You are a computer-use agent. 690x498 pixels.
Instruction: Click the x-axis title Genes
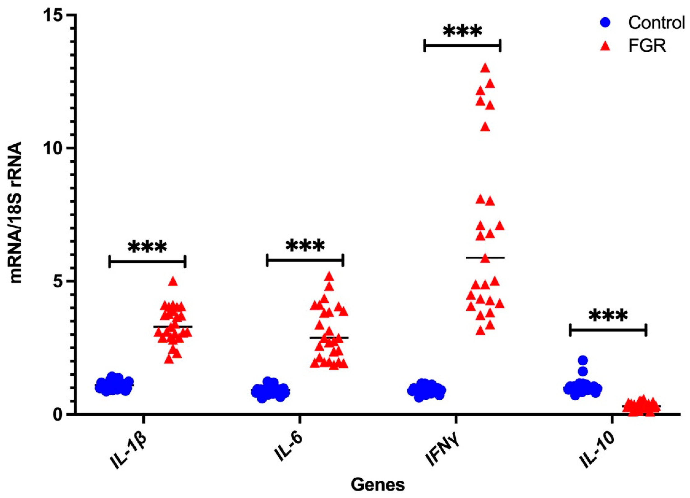[x=378, y=485]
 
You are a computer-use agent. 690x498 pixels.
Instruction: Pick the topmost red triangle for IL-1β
[x=173, y=281]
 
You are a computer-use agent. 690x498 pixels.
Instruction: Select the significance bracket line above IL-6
[x=305, y=260]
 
